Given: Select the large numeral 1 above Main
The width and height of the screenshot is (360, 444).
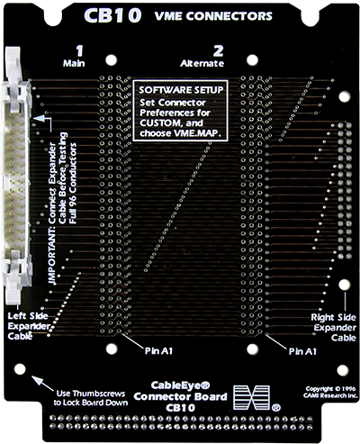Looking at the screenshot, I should tap(80, 50).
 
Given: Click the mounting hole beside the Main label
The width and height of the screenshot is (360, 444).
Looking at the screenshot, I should tap(112, 61).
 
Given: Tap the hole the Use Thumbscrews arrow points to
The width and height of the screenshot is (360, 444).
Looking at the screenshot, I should tap(21, 368).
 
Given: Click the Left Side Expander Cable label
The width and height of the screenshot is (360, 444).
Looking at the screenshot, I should tap(27, 324).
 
